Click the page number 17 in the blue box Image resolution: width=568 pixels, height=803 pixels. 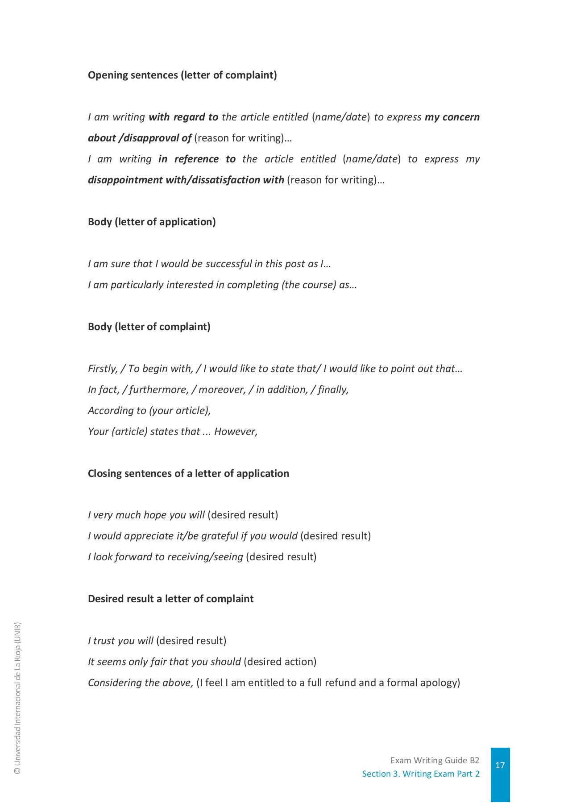pos(500,765)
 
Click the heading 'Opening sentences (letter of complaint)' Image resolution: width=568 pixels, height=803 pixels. pos(182,75)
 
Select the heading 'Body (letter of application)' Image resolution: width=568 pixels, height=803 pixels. pos(152,222)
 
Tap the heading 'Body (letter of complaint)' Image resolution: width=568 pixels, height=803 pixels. pos(149,327)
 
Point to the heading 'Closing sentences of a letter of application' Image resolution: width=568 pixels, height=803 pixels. pos(188,473)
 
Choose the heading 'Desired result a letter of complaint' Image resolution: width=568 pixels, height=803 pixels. pos(170,599)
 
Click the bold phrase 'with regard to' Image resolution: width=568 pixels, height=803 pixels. pos(183,117)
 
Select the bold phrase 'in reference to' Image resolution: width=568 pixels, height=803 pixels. pos(197,159)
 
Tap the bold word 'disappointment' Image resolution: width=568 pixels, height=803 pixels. pos(125,180)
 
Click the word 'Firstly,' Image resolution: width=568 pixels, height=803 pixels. pos(103,368)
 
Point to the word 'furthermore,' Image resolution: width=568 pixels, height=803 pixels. pos(158,389)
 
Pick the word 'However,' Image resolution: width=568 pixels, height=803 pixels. pos(236,431)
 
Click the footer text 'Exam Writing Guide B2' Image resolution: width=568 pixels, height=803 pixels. pos(435,760)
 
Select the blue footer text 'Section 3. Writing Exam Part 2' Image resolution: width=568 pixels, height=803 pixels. pos(421,774)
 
